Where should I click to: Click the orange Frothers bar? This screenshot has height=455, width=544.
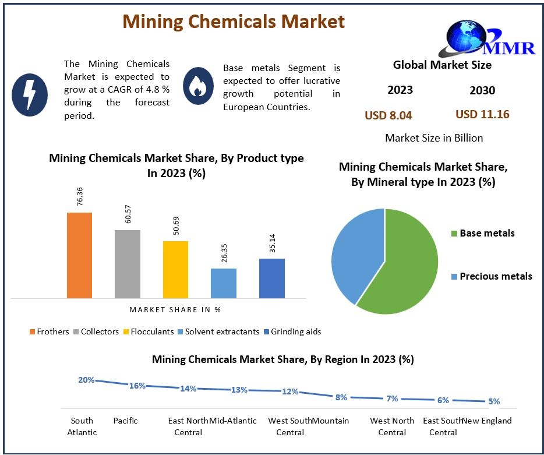tap(79, 255)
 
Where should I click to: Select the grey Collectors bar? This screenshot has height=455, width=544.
tap(127, 264)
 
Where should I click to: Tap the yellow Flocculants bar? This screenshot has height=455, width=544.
tap(175, 269)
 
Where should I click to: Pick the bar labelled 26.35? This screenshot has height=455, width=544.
tap(223, 283)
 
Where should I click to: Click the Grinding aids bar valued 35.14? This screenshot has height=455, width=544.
tap(272, 278)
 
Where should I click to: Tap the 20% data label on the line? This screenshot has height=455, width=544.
tap(86, 380)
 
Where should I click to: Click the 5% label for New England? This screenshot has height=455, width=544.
tap(494, 401)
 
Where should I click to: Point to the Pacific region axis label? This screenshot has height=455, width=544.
tap(125, 421)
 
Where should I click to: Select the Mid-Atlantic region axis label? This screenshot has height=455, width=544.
tap(233, 421)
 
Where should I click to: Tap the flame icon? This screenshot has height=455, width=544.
tap(199, 86)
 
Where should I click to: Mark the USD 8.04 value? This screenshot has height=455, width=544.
tap(388, 115)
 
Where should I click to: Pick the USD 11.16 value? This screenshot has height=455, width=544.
tap(482, 114)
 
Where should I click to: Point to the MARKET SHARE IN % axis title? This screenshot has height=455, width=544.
tap(175, 309)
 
